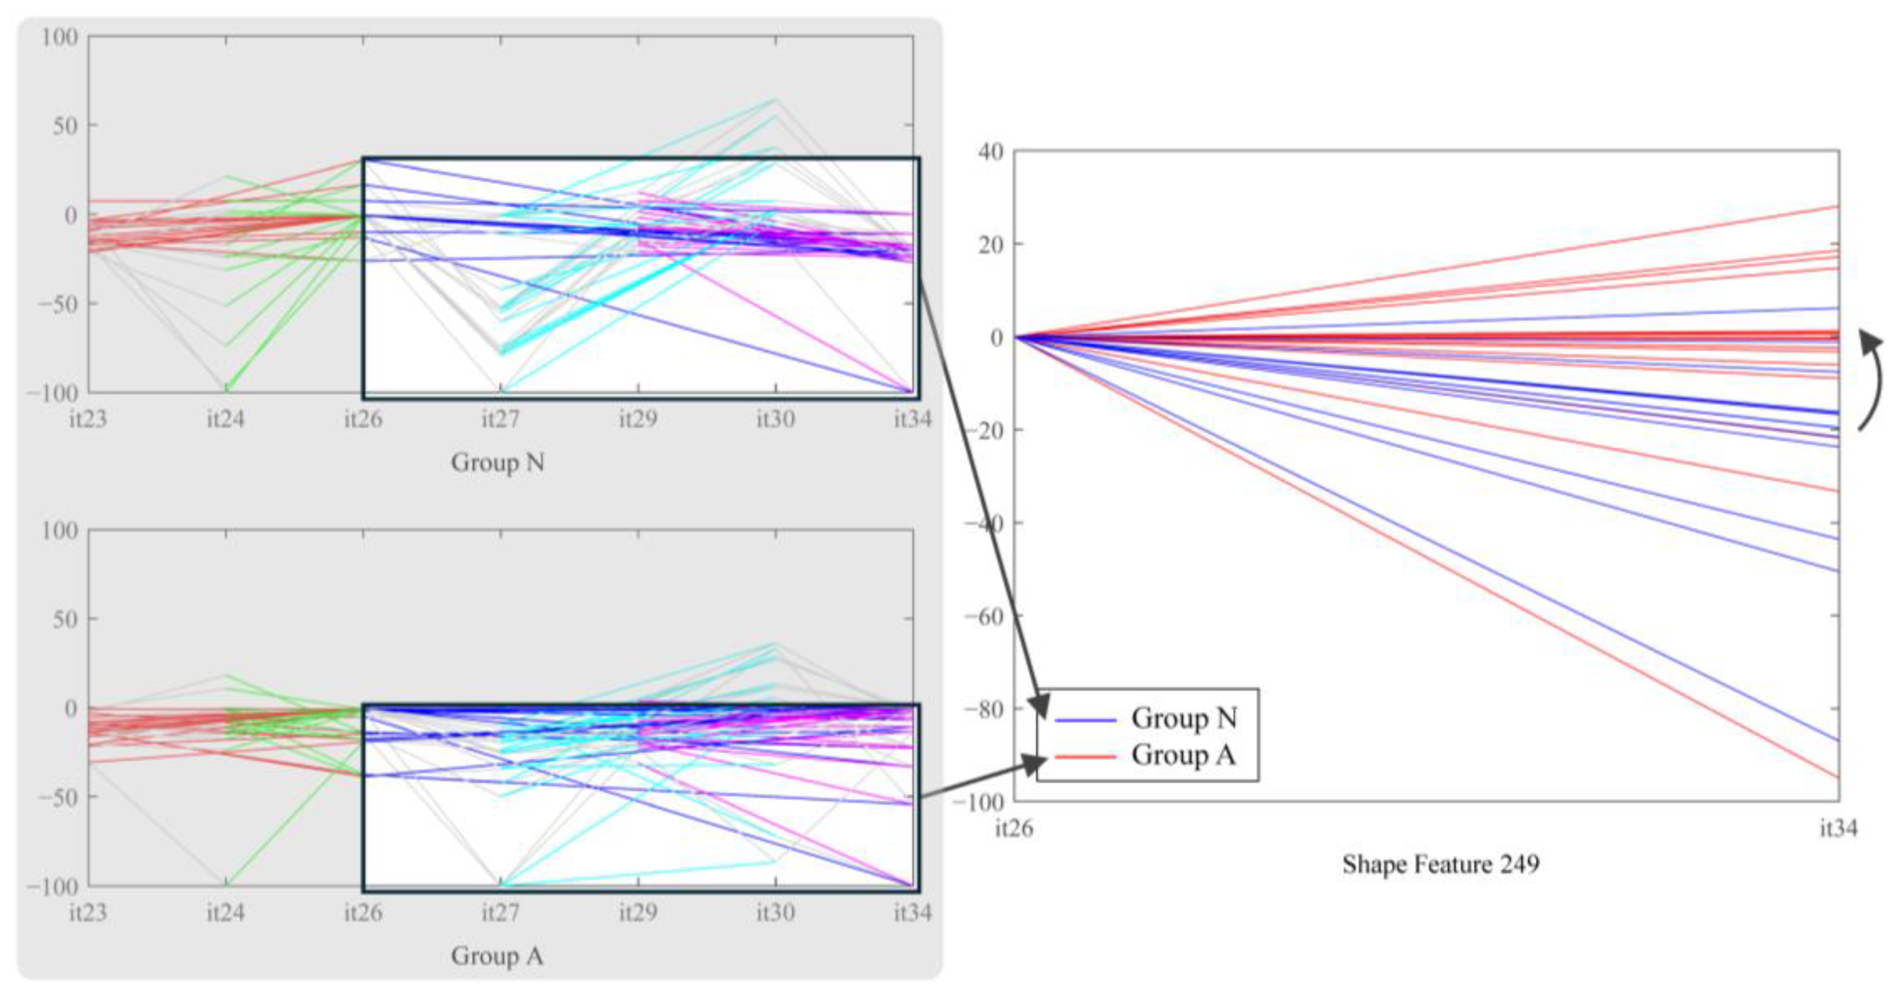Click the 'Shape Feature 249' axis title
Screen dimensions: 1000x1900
tap(1440, 864)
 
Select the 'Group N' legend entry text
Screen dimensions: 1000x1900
tap(1184, 718)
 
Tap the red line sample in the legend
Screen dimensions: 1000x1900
tap(1085, 757)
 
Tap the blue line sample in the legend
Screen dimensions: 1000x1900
tap(1085, 719)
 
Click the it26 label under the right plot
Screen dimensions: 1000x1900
tap(1014, 828)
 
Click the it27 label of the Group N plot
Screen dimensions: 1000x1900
tap(501, 419)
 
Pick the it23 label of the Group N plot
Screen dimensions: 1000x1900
tap(88, 419)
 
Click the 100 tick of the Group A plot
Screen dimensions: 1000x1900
tap(59, 530)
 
